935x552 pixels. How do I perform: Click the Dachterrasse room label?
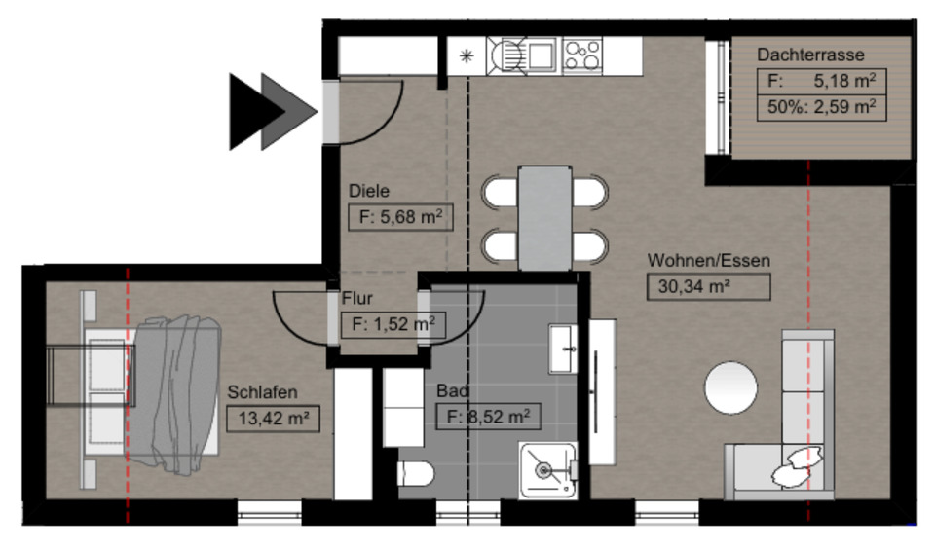pyautogui.click(x=809, y=55)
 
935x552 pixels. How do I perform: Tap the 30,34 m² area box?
pyautogui.click(x=708, y=286)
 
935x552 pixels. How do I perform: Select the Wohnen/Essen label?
pyautogui.click(x=708, y=261)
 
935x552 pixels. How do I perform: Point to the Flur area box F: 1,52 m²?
pyautogui.click(x=393, y=324)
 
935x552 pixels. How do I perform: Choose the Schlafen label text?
pyautogui.click(x=262, y=393)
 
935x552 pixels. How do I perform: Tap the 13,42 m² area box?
pyautogui.click(x=273, y=419)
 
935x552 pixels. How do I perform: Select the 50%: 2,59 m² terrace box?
pyautogui.click(x=821, y=107)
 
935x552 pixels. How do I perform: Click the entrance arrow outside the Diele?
pyautogui.click(x=273, y=111)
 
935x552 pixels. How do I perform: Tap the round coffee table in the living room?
pyautogui.click(x=730, y=387)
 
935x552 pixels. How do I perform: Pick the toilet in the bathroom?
pyautogui.click(x=416, y=474)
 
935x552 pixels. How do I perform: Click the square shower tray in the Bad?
pyautogui.click(x=547, y=469)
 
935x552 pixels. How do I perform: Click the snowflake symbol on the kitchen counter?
pyautogui.click(x=467, y=55)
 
